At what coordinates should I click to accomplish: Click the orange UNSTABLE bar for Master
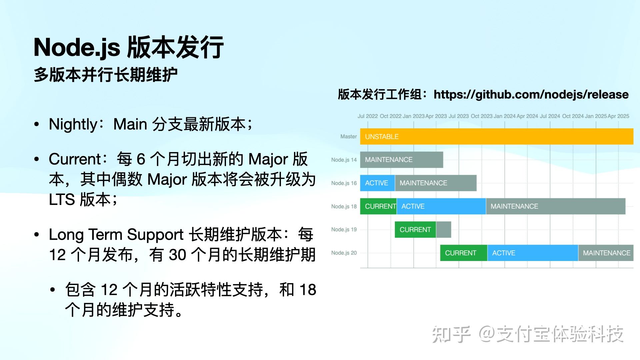497,136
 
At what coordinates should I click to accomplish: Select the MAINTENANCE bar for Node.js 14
401,160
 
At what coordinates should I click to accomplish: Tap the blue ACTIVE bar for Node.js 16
377,183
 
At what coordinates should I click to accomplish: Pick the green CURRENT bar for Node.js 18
378,206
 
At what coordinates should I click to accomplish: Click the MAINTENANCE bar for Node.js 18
555,206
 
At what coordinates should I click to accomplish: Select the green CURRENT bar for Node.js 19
415,230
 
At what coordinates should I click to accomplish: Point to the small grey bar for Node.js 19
444,230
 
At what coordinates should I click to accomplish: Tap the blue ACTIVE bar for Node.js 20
532,253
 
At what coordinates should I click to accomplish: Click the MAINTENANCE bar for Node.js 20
606,253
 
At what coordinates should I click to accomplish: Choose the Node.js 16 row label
344,183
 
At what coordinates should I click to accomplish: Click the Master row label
348,136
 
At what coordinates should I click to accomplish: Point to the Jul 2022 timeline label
367,116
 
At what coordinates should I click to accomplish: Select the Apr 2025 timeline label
618,116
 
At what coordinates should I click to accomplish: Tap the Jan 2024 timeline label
504,116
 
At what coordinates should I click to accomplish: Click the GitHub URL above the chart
531,94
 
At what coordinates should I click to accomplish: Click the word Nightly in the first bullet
73,124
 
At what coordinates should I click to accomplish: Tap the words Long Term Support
116,234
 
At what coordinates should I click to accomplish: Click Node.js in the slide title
77,47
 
